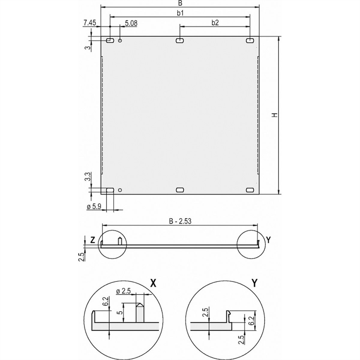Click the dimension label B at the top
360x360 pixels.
click(x=180, y=3)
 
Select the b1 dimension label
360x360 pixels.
click(x=180, y=13)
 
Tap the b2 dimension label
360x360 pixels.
click(x=215, y=22)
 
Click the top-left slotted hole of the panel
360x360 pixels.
click(x=110, y=40)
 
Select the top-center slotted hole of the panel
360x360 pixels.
click(x=180, y=40)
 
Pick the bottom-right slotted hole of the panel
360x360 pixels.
click(x=250, y=190)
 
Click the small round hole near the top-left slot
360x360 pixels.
click(x=120, y=40)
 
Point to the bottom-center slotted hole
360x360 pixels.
click(x=180, y=190)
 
